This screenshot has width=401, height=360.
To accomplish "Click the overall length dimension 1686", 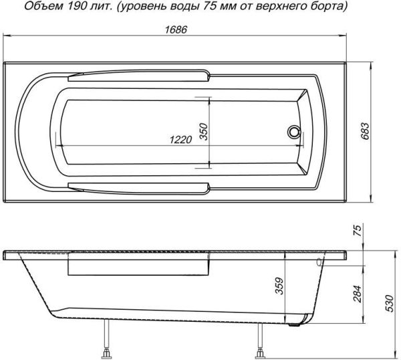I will [x=176, y=29].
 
